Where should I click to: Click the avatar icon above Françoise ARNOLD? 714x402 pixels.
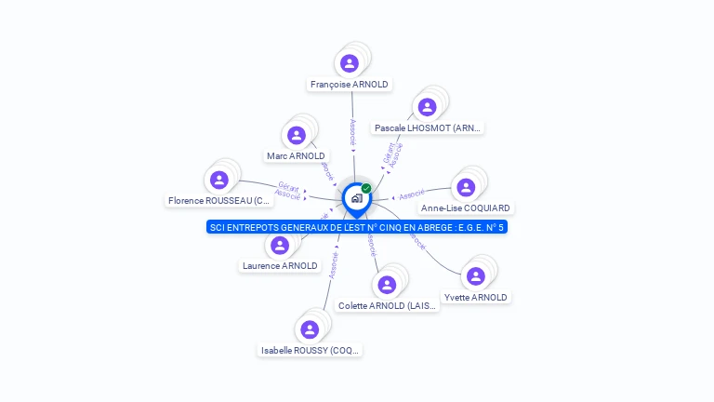[x=350, y=63]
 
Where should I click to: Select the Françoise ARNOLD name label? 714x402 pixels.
[x=350, y=85]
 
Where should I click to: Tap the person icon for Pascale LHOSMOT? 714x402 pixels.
[x=428, y=107]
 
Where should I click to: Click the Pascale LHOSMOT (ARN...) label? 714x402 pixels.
[x=428, y=127]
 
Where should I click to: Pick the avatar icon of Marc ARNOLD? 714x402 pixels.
[x=297, y=136]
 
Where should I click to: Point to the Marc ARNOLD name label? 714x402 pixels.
[x=296, y=156]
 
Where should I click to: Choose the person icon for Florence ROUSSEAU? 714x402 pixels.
[x=219, y=180]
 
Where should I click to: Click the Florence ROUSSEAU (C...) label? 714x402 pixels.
[x=219, y=200]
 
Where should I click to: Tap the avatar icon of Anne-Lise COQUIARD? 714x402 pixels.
[x=466, y=188]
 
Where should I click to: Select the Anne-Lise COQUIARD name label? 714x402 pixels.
[x=466, y=208]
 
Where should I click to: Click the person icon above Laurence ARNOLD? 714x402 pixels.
[x=280, y=246]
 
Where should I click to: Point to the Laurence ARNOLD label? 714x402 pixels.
[x=280, y=265]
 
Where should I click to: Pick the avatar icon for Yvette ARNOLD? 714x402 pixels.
[x=476, y=276]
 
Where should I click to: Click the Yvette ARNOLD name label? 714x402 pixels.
[x=476, y=298]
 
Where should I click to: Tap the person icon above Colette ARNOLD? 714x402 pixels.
[x=387, y=285]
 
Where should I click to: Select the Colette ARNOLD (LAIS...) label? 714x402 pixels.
[x=387, y=305]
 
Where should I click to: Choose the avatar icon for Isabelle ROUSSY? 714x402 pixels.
[x=311, y=329]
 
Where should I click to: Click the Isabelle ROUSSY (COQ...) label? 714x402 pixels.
[x=311, y=351]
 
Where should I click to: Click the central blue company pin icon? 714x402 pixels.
[x=356, y=198]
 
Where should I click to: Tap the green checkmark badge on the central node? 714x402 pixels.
[x=366, y=189]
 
